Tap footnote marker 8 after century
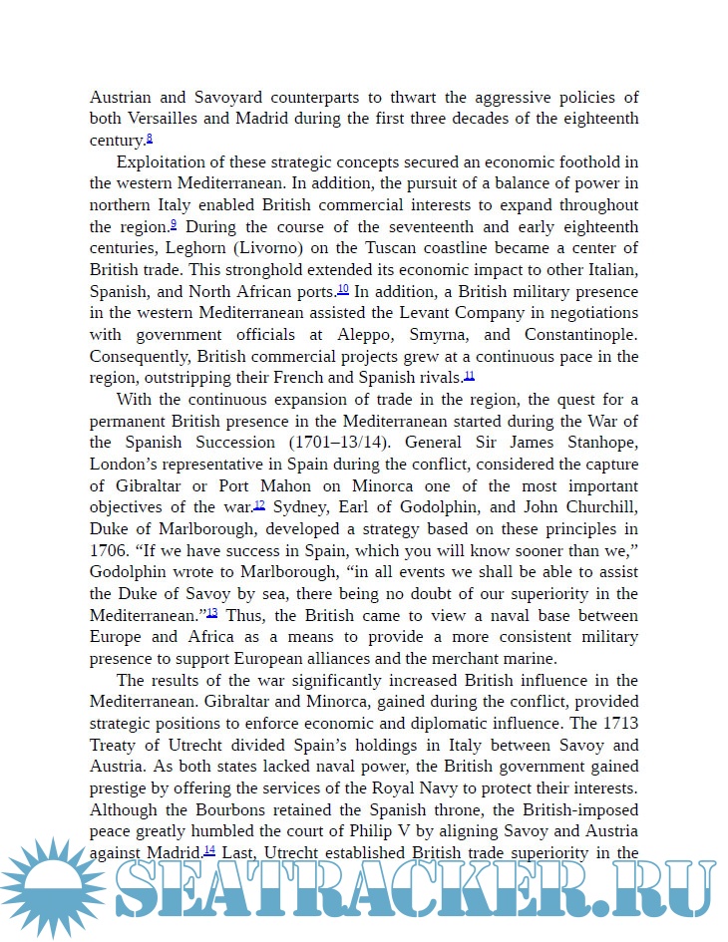tap(150, 139)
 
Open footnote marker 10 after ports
tap(343, 290)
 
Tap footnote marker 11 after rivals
tap(470, 376)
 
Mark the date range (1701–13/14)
tap(350, 443)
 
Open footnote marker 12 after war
tap(259, 505)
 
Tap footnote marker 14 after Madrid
tap(209, 850)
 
